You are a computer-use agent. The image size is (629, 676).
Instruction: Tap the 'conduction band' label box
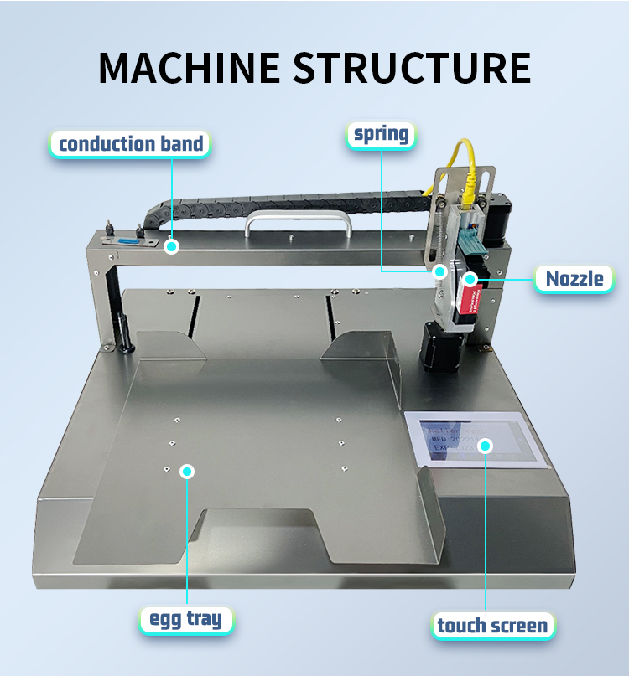coord(130,143)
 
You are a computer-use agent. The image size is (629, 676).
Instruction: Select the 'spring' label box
coord(381,133)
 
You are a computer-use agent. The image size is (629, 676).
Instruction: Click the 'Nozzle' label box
coord(574,278)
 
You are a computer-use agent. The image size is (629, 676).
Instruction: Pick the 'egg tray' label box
coord(186,620)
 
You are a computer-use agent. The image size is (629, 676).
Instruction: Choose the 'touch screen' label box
coord(492,624)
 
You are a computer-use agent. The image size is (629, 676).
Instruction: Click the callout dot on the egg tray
coord(187,472)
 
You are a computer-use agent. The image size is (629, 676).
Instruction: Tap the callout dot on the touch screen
coord(485,445)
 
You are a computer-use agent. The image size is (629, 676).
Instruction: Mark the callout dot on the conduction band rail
coord(171,246)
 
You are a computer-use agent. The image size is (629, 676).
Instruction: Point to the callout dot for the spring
coord(439,271)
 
